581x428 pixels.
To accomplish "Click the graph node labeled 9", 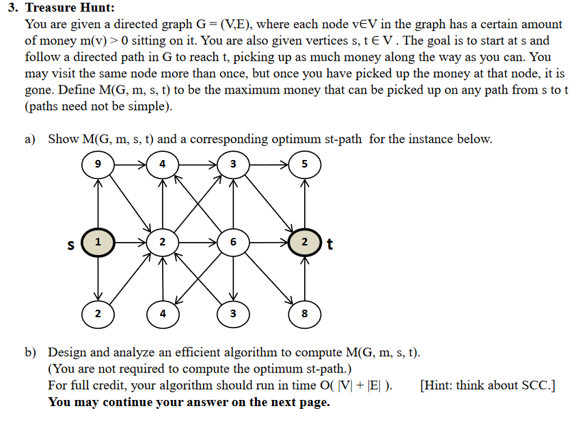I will coord(98,164).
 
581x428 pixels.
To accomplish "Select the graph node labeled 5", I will coord(304,164).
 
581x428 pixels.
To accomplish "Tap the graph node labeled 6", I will coord(233,242).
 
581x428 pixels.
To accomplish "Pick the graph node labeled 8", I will coord(304,314).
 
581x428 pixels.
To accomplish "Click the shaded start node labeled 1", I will coord(98,242).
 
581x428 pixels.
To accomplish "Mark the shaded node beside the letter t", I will coord(304,242).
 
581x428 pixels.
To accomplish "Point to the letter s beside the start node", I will coord(70,243).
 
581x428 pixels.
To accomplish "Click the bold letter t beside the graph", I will coord(329,243).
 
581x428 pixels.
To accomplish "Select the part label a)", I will coord(30,139).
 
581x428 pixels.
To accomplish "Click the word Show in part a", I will coord(64,139).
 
